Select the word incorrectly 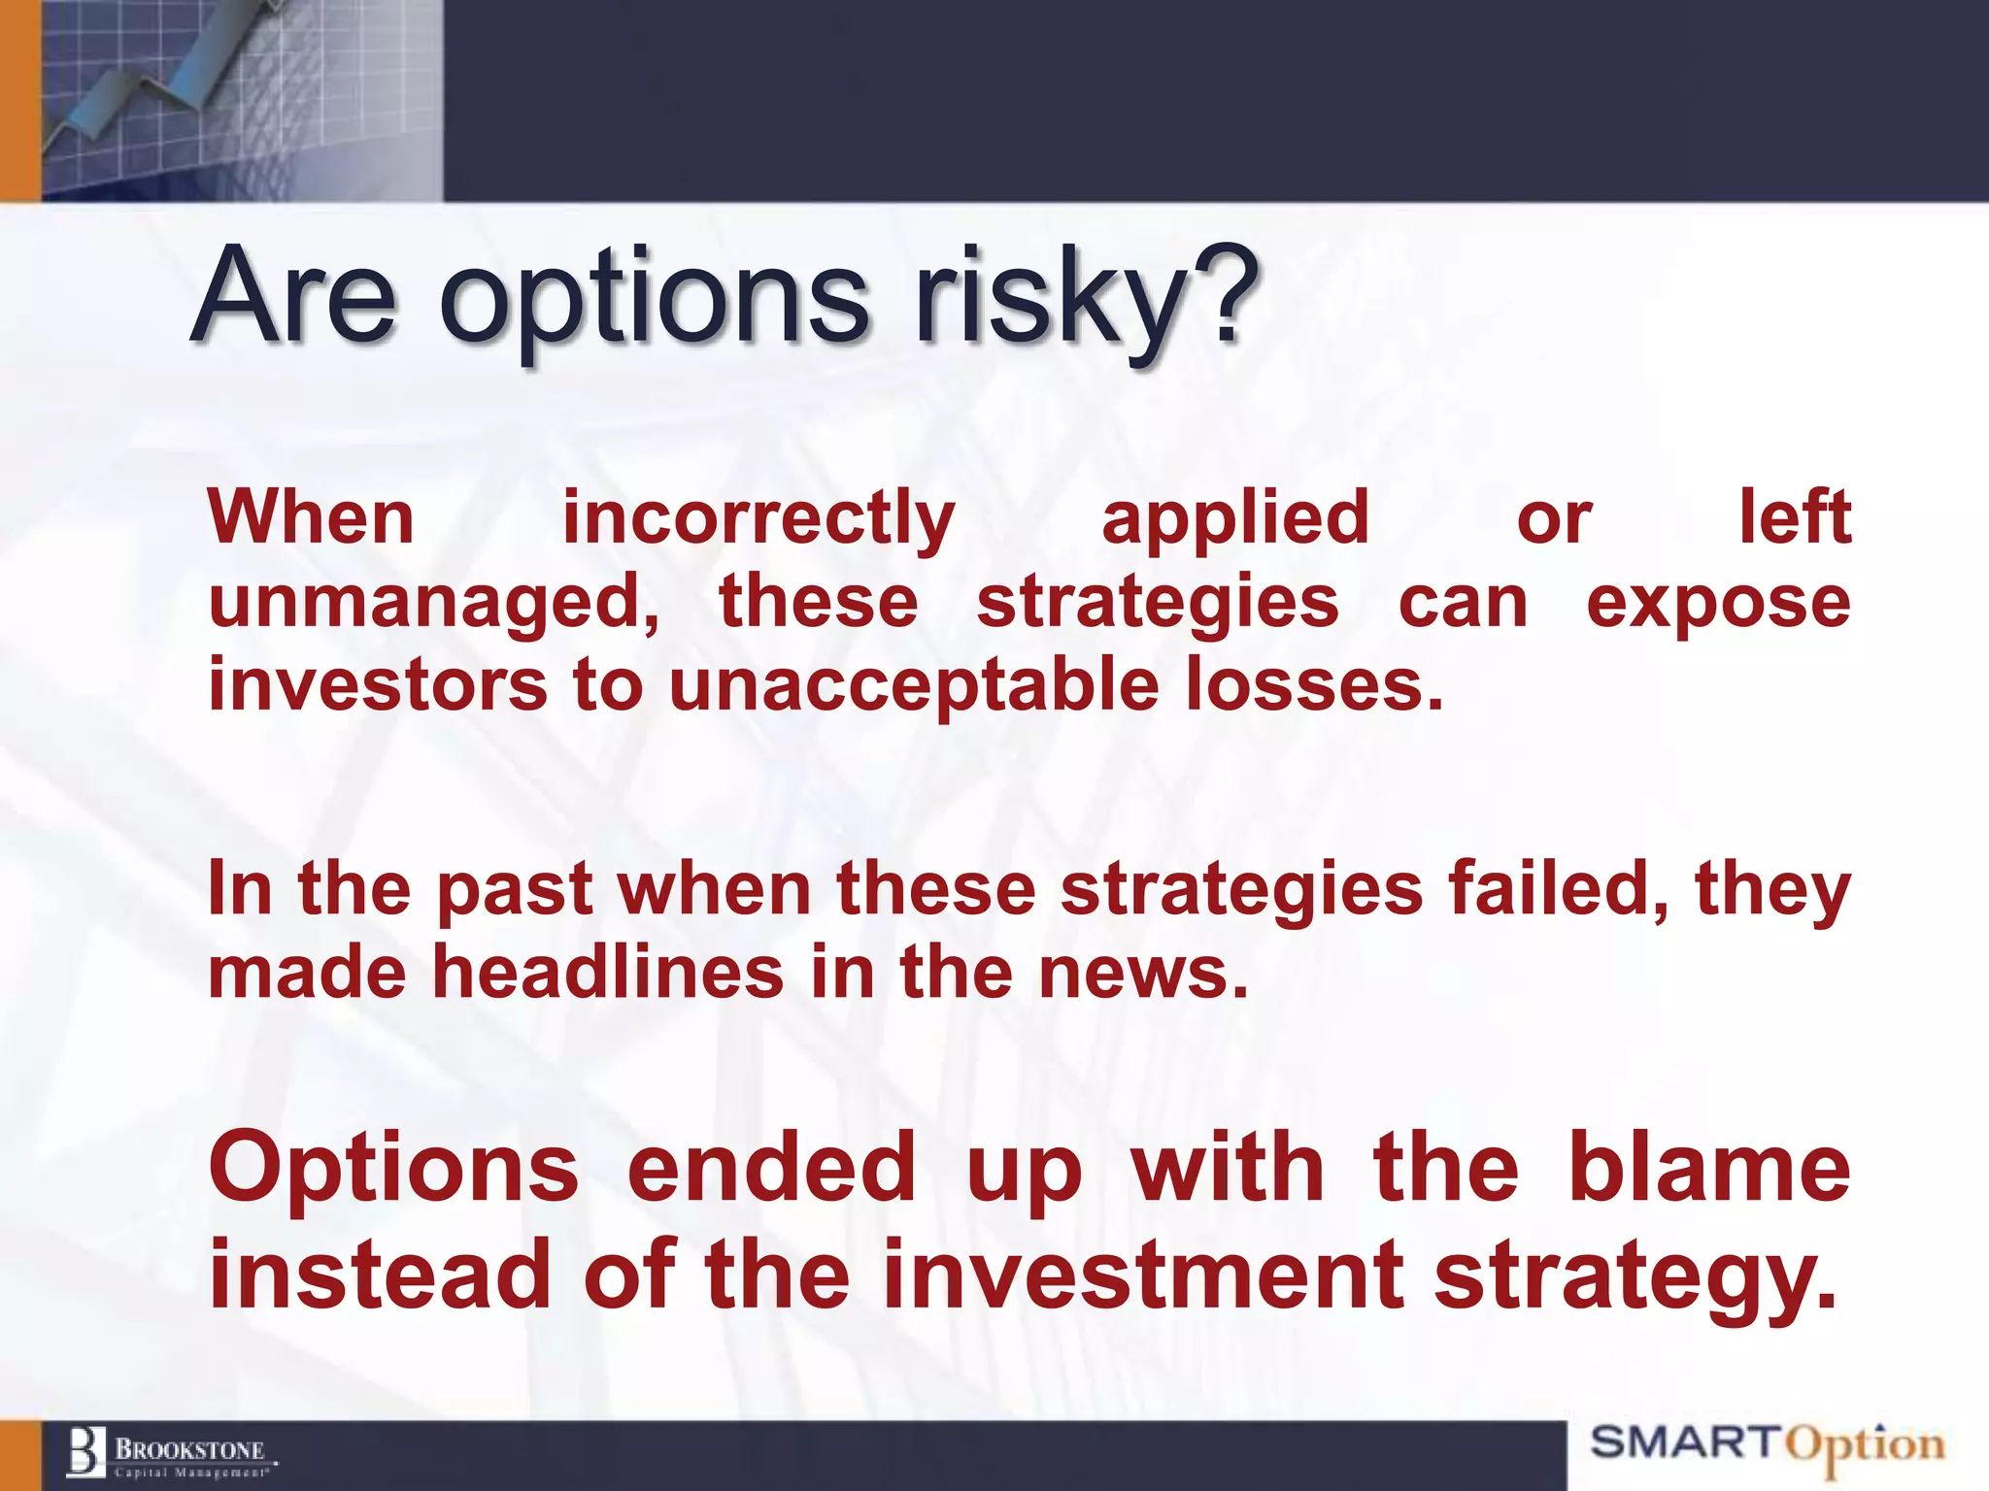tap(759, 519)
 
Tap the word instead tap(380, 1274)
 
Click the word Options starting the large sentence tap(393, 1170)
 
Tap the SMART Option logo tap(1768, 1446)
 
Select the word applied tap(1235, 519)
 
